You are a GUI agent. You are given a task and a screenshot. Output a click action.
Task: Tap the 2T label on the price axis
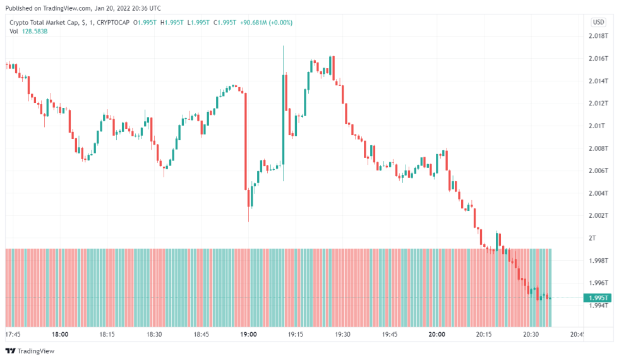pos(592,238)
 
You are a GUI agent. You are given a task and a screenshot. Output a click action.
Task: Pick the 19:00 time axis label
pos(248,334)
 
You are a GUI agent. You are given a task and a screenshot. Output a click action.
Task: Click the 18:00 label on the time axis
pos(60,334)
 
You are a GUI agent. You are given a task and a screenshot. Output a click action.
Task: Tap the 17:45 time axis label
pos(13,334)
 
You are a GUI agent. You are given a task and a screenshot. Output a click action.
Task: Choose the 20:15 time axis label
pos(484,334)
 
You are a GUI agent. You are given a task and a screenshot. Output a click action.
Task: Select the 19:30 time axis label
pos(342,334)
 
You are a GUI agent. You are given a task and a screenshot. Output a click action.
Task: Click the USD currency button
pos(598,22)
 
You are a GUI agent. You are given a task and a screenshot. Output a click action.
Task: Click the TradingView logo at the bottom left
pos(30,351)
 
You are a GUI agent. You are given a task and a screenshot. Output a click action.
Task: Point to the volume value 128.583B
pos(35,31)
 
